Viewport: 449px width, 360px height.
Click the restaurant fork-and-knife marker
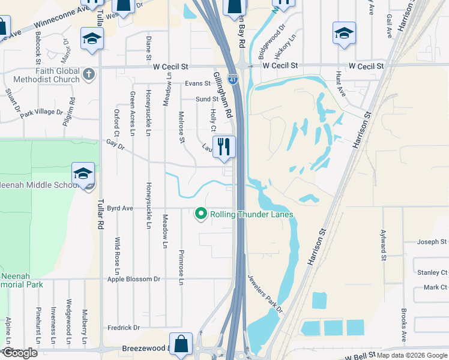coord(224,146)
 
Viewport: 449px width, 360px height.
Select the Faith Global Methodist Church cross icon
coord(88,74)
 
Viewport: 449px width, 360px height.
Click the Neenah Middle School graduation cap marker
coord(83,173)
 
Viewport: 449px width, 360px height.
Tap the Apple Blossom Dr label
coord(134,279)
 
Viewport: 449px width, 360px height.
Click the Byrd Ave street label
coord(120,208)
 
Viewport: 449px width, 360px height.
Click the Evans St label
coord(197,84)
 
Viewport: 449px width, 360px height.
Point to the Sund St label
coord(206,99)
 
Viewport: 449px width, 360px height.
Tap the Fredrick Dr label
coord(124,328)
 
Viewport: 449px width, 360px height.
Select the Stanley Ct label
coord(432,272)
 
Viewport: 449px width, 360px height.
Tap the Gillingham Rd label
coord(221,95)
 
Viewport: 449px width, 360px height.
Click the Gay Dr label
coord(114,145)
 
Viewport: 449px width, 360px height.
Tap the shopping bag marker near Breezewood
coord(181,344)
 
